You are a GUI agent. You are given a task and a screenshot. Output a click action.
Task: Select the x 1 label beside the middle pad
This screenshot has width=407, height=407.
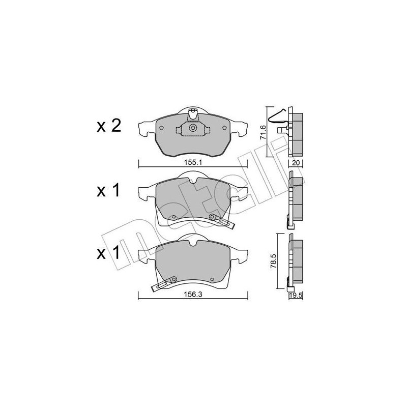108,191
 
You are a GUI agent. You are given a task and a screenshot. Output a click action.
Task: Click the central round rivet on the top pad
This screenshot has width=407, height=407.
193,129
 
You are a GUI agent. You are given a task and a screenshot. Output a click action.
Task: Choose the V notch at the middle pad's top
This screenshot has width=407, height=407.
193,180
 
